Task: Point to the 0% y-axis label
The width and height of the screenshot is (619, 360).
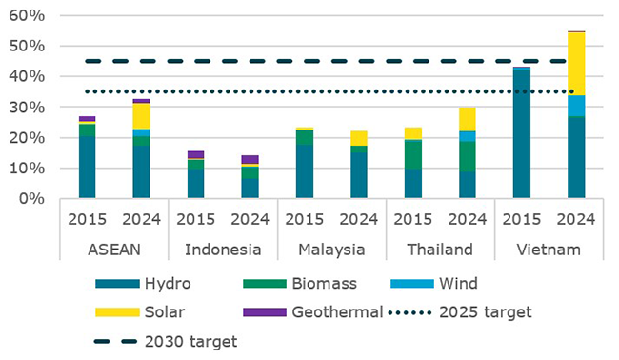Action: [x=30, y=199]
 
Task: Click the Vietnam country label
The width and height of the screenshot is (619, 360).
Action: [x=549, y=250]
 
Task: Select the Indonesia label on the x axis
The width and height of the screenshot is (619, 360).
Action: [x=222, y=250]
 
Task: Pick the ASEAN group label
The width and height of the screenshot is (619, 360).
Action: [x=113, y=250]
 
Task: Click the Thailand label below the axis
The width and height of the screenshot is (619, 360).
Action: [x=439, y=250]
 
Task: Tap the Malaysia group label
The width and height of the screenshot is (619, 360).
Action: [x=330, y=250]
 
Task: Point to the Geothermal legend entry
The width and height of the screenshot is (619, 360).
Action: [x=272, y=312]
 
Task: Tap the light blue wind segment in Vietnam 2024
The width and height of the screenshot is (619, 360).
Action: [x=576, y=105]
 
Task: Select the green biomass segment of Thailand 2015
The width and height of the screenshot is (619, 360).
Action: [x=413, y=154]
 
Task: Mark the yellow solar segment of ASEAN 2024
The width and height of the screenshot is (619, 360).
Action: [x=141, y=115]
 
